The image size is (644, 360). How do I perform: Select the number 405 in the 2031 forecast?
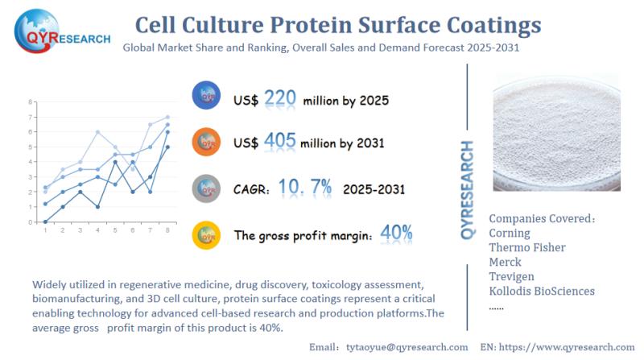click(279, 142)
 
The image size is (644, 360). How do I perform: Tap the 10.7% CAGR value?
click(305, 188)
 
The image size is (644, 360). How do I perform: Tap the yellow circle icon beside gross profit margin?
click(207, 234)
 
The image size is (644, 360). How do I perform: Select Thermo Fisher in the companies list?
click(527, 247)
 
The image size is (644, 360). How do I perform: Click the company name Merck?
click(506, 262)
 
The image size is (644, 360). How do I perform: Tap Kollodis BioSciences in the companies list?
click(542, 291)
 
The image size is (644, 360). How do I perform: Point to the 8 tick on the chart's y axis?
click(30, 102)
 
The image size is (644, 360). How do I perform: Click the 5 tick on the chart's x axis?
click(114, 230)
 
